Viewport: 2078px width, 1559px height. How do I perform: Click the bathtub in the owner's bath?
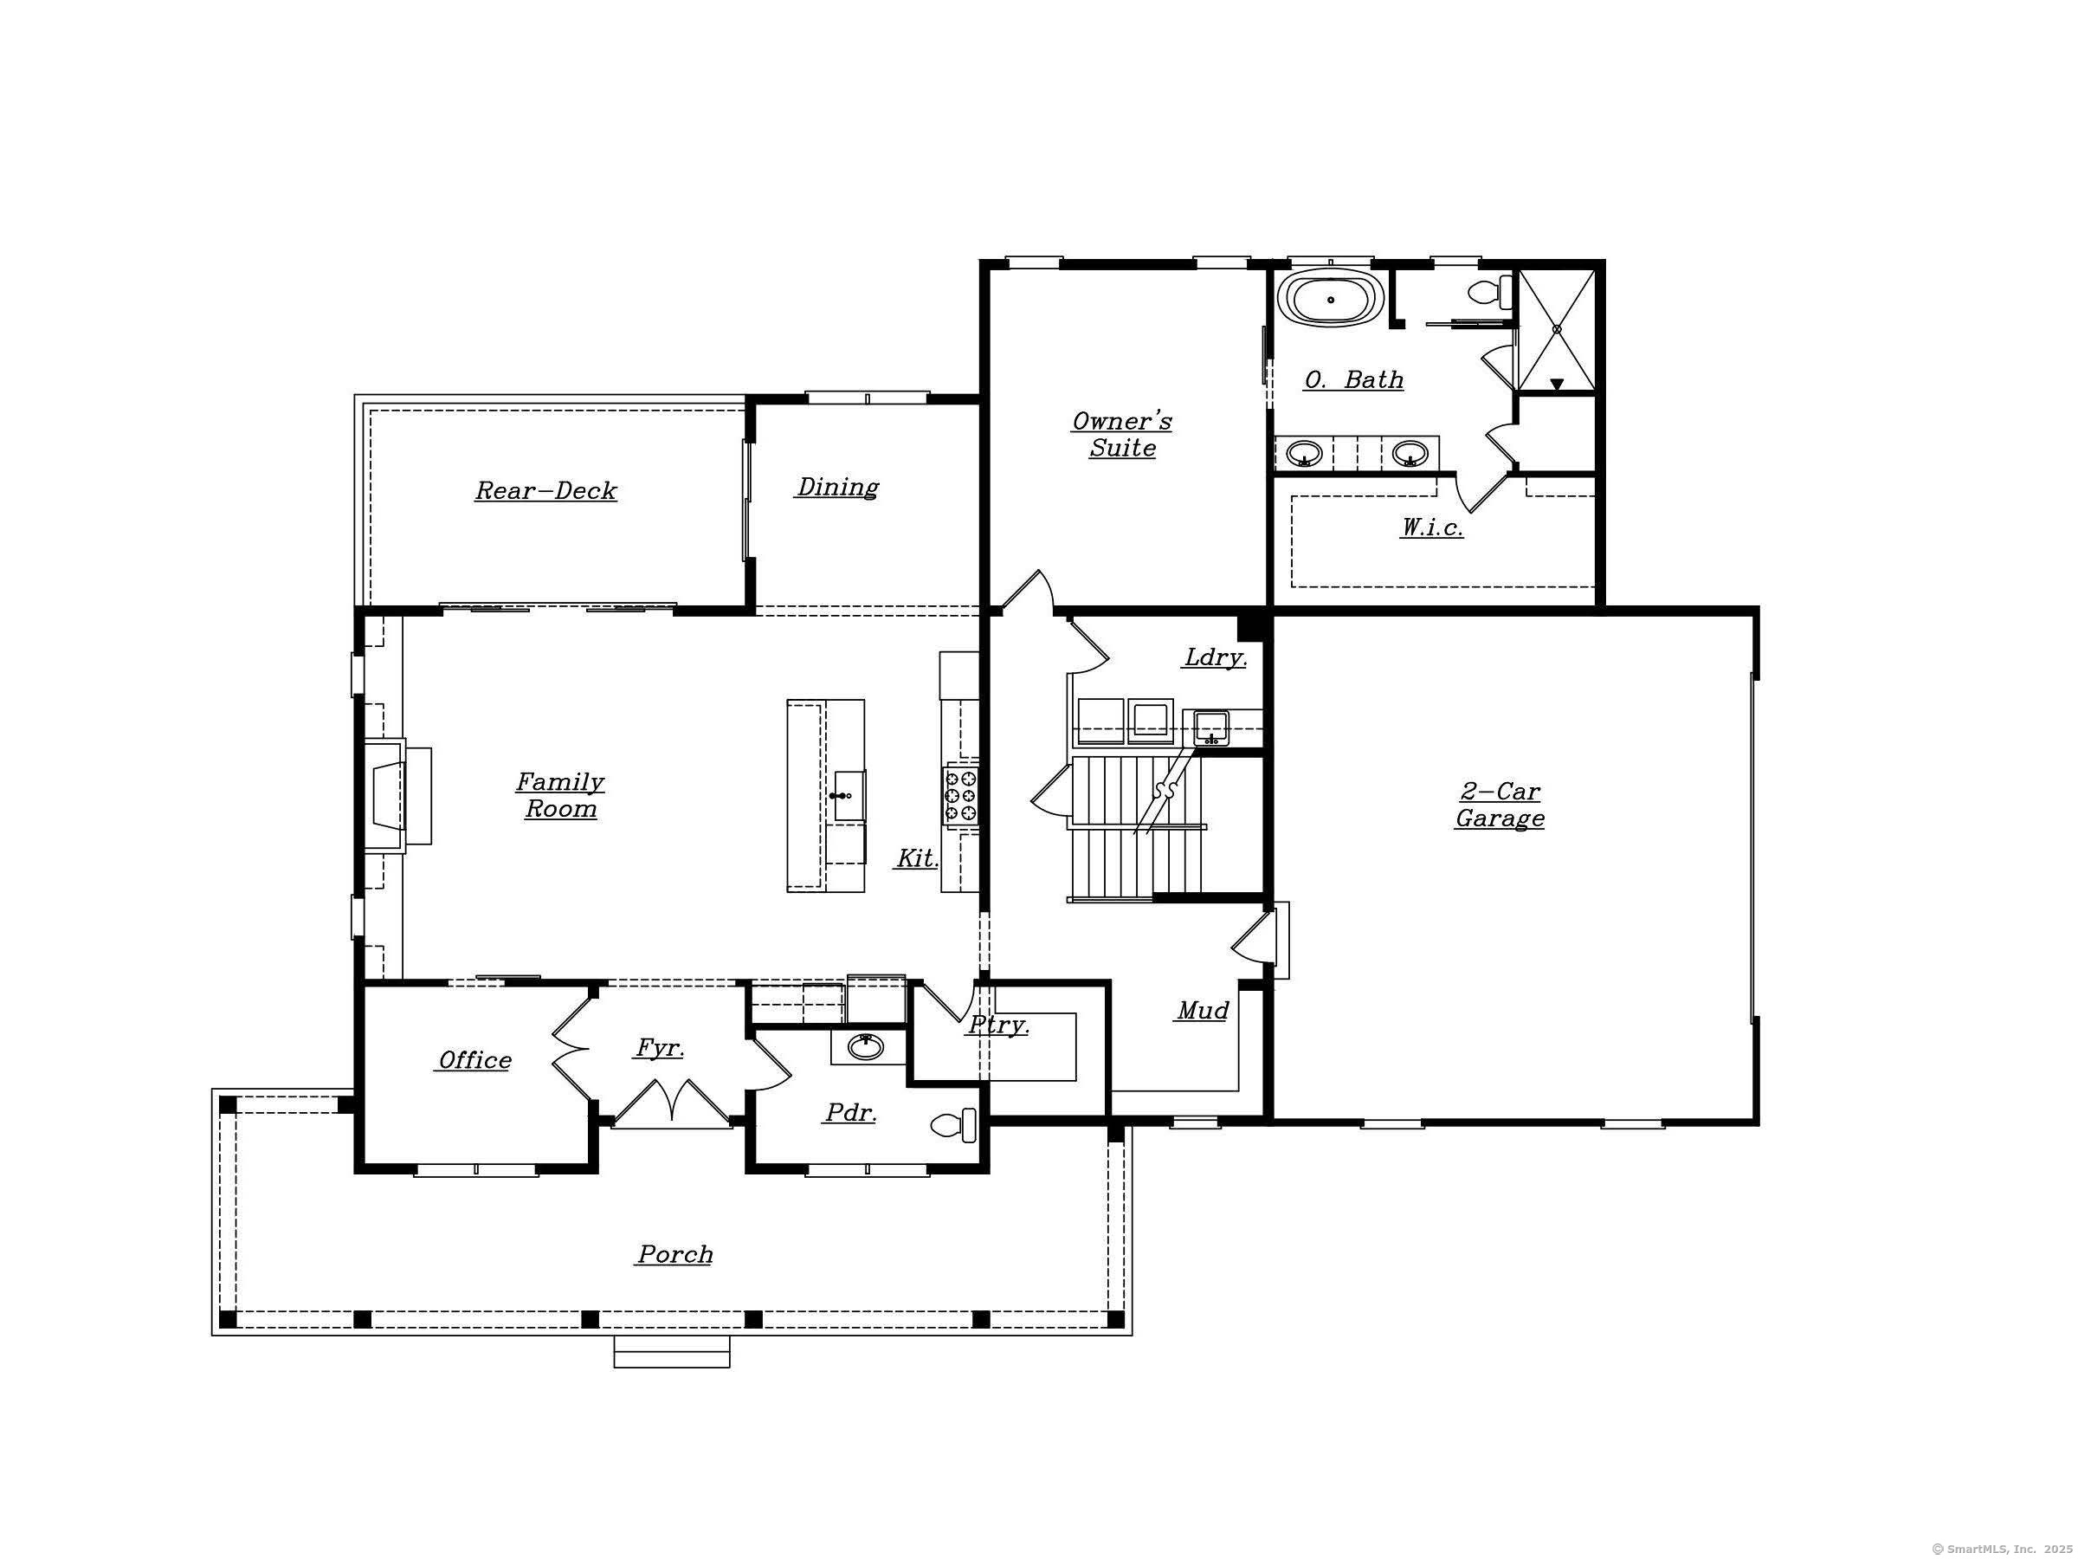(1330, 299)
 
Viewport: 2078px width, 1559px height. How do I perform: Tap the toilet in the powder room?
(952, 1125)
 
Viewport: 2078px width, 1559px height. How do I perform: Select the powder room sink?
(865, 1046)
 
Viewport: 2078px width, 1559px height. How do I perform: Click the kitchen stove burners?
(960, 795)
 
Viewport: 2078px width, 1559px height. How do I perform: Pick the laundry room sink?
(1211, 728)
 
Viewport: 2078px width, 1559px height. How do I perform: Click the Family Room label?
(560, 795)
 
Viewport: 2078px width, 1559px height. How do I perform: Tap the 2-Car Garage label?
(1500, 805)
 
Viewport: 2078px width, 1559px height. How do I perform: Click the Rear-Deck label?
(545, 490)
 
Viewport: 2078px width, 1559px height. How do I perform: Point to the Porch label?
(674, 1253)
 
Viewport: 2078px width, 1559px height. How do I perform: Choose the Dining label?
(837, 487)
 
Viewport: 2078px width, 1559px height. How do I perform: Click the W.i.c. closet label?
(1432, 527)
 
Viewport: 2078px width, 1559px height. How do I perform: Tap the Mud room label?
(1203, 1010)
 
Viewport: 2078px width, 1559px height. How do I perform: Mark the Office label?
(475, 1060)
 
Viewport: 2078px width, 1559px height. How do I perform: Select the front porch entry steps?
(672, 1351)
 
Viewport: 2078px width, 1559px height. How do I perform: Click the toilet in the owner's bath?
(1491, 290)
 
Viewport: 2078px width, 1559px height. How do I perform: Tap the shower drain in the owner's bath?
(1557, 330)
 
